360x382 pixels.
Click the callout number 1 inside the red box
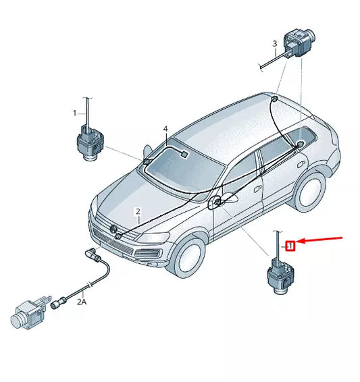pyautogui.click(x=290, y=246)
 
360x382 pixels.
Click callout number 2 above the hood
pyautogui.click(x=138, y=211)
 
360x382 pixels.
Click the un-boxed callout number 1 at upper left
pyautogui.click(x=76, y=114)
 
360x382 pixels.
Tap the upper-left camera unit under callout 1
pyautogui.click(x=89, y=142)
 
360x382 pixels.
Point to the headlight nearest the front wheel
pyautogui.click(x=155, y=238)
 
